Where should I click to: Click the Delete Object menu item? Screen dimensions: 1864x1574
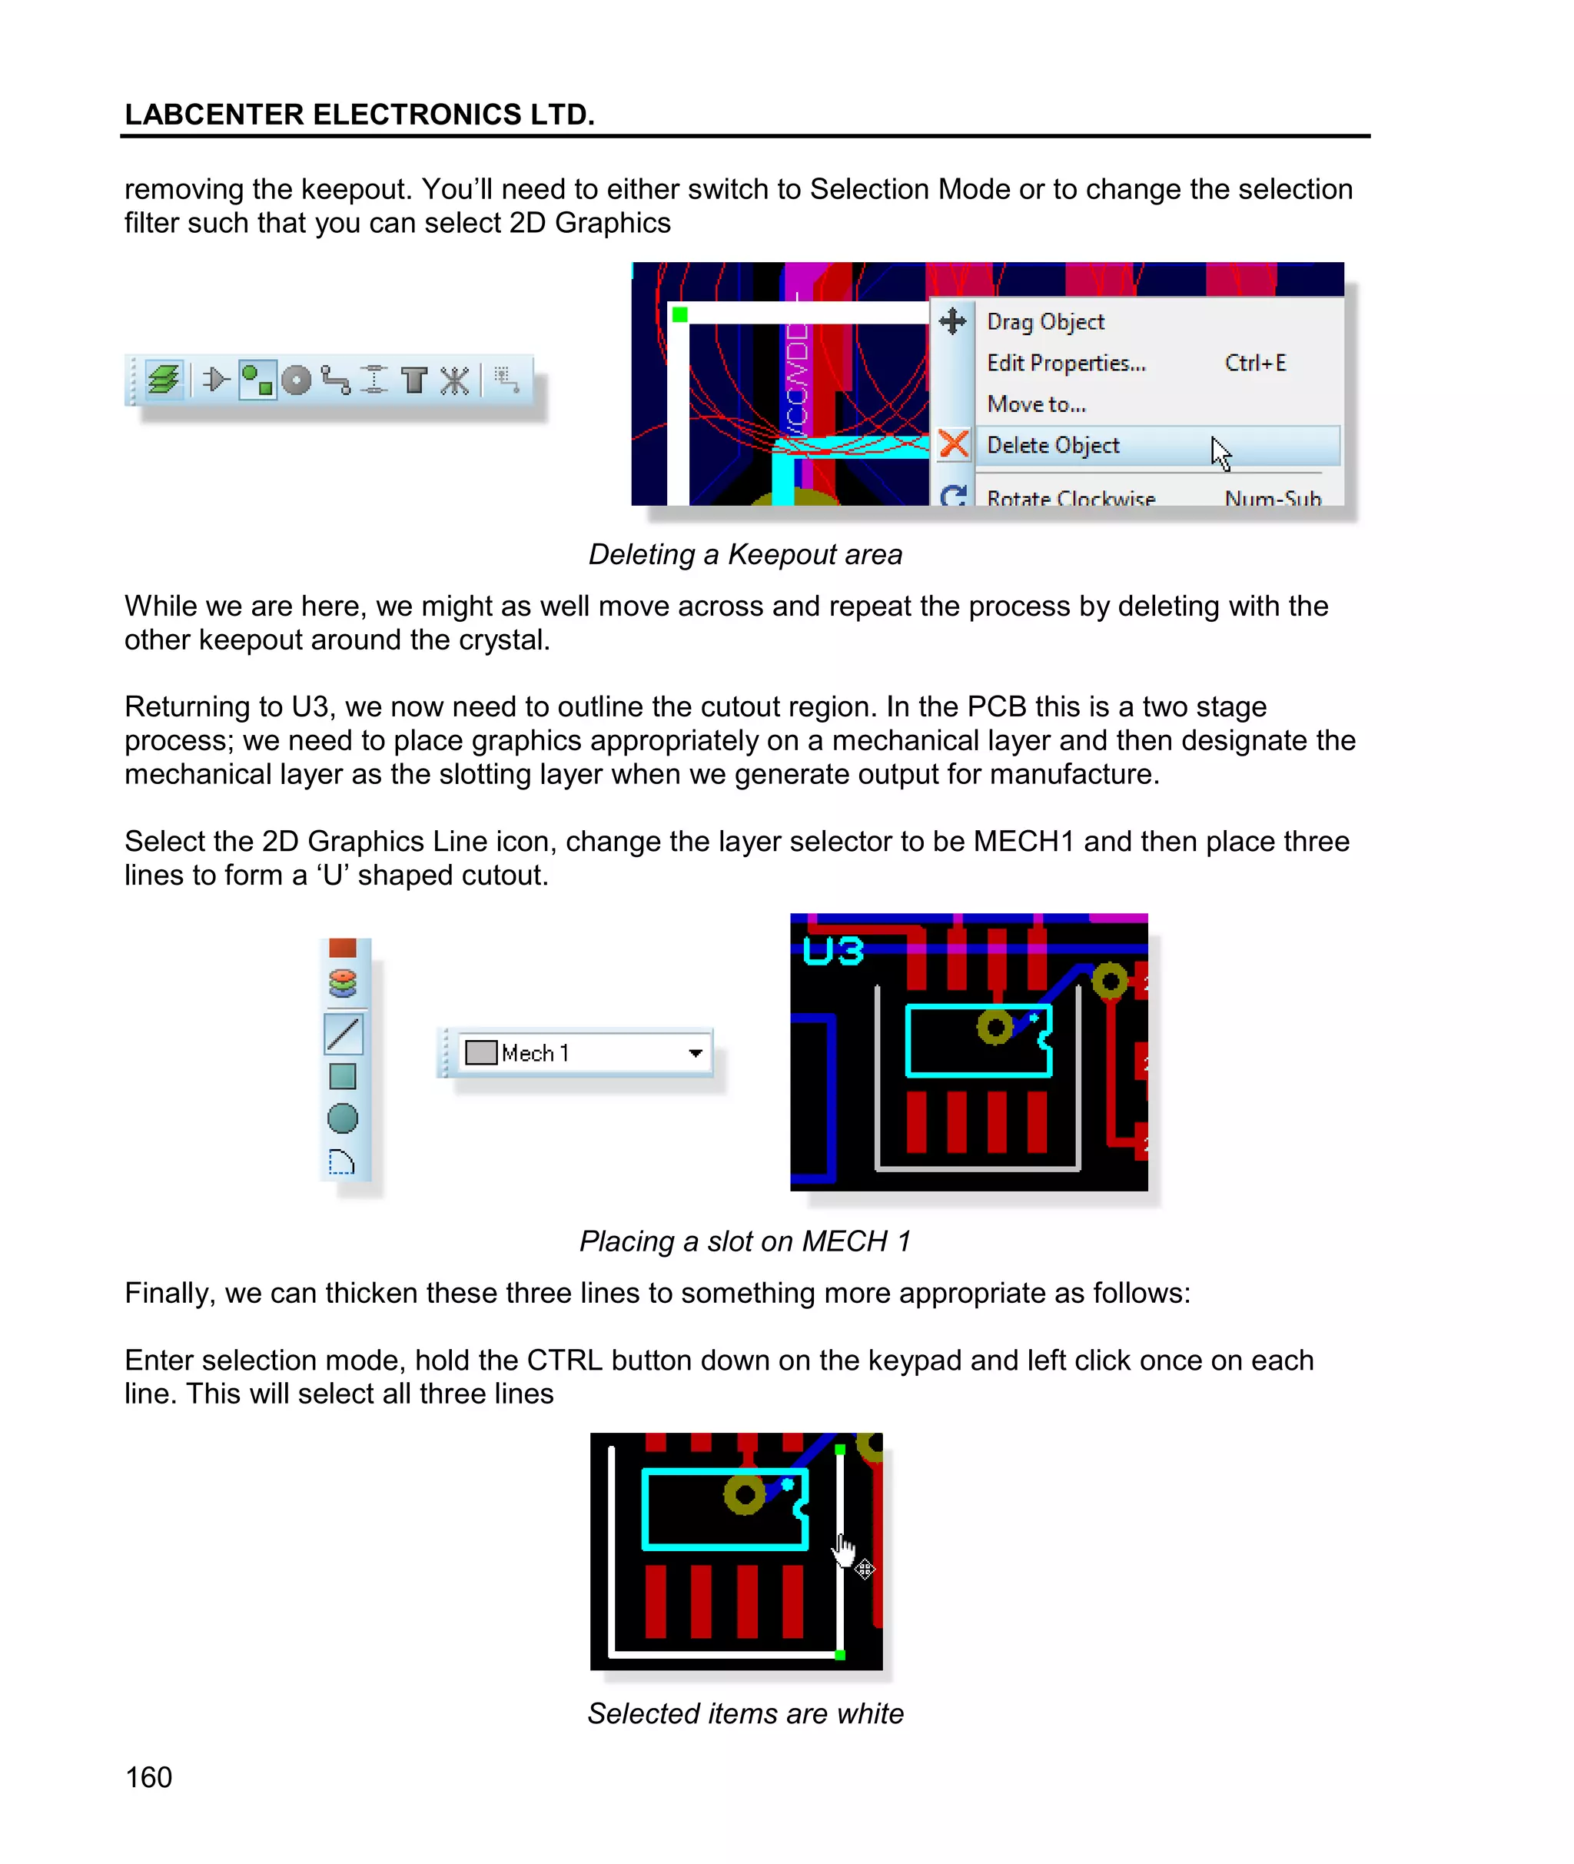1053,445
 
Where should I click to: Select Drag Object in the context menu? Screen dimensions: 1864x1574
1045,322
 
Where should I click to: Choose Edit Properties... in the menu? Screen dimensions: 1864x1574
1066,363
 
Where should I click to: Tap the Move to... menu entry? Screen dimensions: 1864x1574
1036,404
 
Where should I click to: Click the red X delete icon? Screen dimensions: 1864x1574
954,444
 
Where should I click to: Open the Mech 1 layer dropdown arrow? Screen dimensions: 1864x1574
695,1053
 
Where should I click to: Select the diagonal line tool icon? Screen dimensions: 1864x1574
344,1034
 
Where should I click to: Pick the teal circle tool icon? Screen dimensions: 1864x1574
343,1118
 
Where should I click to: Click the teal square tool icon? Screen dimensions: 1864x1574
343,1076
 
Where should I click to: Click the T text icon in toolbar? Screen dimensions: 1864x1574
414,381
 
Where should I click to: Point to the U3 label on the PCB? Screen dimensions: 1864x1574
833,951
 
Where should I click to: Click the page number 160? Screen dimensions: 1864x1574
149,1777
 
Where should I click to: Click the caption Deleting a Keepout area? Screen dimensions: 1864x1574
745,555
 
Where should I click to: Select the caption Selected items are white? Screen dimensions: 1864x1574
745,1713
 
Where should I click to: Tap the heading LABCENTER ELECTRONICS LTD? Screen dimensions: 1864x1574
359,115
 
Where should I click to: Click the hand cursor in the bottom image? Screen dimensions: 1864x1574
843,1549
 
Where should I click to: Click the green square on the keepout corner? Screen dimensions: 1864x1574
680,315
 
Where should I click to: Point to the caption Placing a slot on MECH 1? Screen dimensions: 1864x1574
745,1241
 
